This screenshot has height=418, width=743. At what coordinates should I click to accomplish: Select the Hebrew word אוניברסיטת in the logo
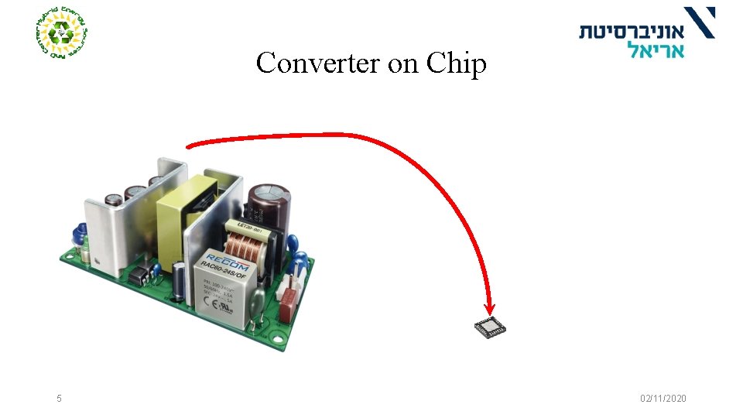632,31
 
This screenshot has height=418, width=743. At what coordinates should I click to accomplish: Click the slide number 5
59,399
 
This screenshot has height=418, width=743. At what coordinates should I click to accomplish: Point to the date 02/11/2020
663,399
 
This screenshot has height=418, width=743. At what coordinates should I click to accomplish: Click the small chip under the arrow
491,328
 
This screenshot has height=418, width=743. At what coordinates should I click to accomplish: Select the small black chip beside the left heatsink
139,275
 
